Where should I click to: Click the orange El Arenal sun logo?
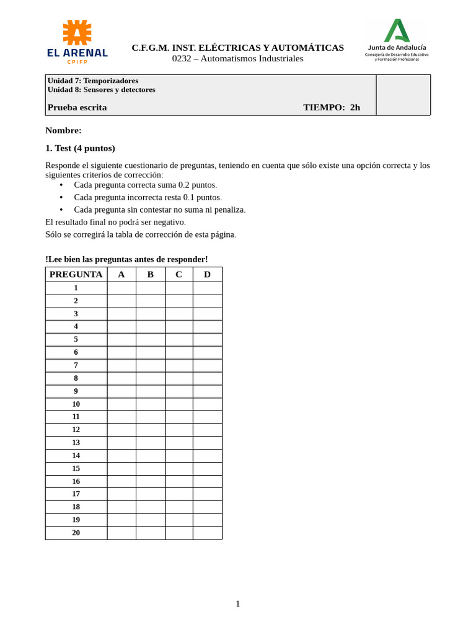[x=77, y=32]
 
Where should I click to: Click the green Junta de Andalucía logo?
[x=397, y=30]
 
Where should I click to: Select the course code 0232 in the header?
[x=182, y=58]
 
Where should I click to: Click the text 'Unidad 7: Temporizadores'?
[x=93, y=81]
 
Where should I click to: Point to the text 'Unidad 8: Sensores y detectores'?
[x=101, y=89]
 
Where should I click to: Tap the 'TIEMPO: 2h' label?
[x=331, y=107]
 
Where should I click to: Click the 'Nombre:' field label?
[x=63, y=130]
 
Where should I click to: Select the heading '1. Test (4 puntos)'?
[x=80, y=148]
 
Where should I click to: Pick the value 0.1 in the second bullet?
[x=189, y=197]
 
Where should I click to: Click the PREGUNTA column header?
[x=76, y=274]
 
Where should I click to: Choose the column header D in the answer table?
[x=207, y=274]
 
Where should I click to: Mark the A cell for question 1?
[x=121, y=288]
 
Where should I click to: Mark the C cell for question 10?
[x=178, y=404]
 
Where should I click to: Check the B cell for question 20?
[x=150, y=533]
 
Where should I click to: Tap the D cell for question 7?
[x=207, y=365]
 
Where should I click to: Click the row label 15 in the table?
[x=76, y=468]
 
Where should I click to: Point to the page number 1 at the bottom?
[x=237, y=603]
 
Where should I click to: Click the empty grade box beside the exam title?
[x=403, y=95]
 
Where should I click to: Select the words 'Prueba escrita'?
[x=77, y=107]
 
